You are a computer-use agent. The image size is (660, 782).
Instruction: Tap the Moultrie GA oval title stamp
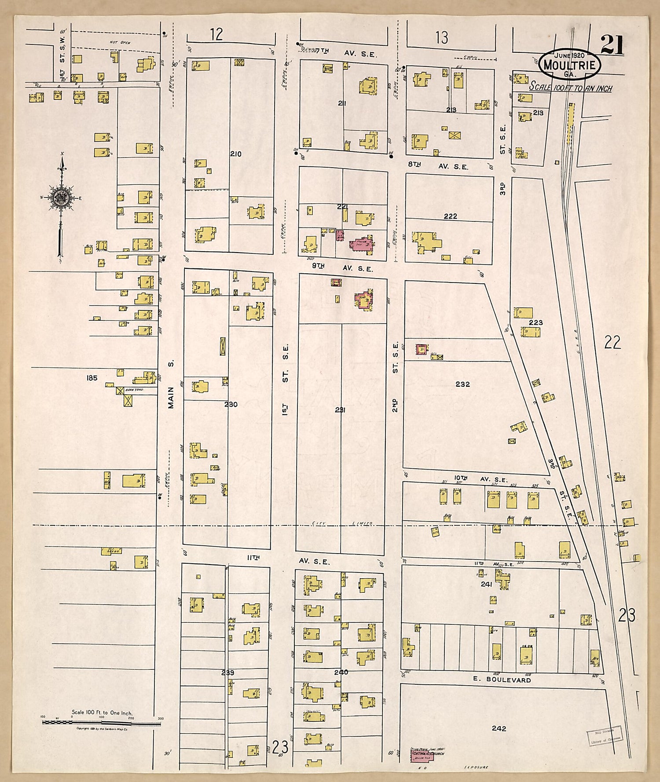click(569, 64)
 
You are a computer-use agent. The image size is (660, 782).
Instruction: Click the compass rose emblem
click(61, 198)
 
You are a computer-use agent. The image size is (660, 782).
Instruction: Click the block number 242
click(499, 728)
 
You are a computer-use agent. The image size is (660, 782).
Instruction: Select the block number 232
click(462, 384)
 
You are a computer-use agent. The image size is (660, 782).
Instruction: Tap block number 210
click(235, 154)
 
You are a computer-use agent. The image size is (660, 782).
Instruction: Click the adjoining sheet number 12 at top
click(216, 34)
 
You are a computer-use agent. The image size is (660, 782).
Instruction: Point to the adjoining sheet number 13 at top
click(441, 38)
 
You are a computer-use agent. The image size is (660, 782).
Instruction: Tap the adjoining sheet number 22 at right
click(612, 342)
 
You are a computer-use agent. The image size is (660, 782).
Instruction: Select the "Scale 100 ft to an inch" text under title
click(570, 87)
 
